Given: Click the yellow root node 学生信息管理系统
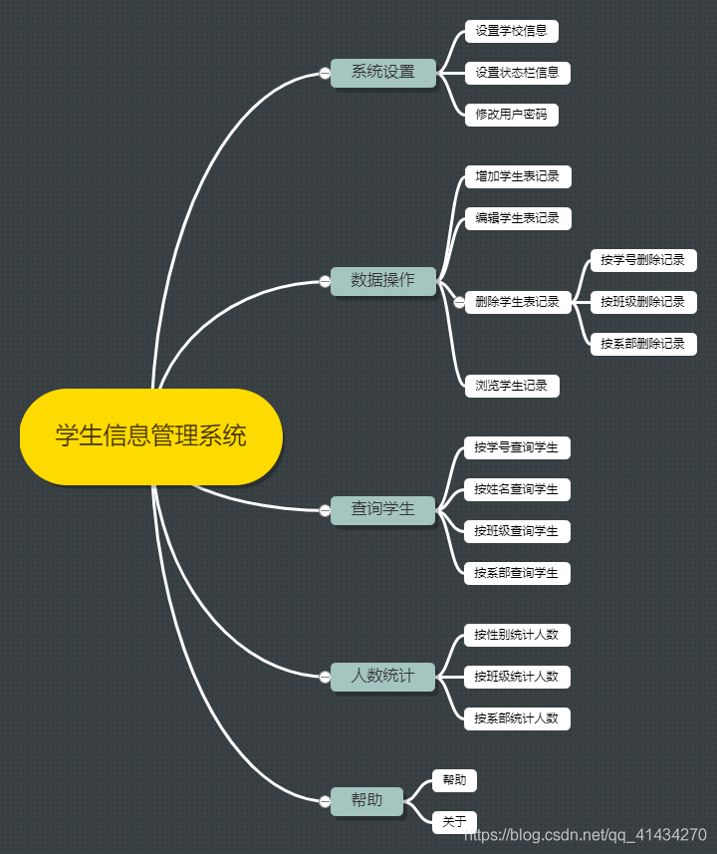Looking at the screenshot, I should [x=151, y=436].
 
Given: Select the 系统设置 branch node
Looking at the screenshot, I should [x=383, y=73].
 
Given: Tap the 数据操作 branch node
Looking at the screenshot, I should [x=383, y=281].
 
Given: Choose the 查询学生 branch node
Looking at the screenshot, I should [x=383, y=510].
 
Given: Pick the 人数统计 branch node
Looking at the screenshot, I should [x=383, y=677].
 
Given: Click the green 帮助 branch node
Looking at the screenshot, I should [x=366, y=801].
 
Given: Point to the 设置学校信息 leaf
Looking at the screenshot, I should [x=511, y=31].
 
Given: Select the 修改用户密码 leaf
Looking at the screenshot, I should [x=511, y=115].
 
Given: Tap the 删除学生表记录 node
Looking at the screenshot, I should [x=517, y=302].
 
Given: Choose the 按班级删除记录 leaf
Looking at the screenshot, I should [x=642, y=302].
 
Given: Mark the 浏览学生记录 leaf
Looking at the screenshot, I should [x=511, y=386].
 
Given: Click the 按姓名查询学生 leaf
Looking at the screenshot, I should [x=517, y=489].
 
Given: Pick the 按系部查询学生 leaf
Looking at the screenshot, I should [x=517, y=573].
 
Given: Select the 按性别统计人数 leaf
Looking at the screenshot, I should [x=517, y=635].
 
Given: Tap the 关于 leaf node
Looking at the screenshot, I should [x=454, y=822].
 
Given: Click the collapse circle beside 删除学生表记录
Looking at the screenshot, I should [x=459, y=302].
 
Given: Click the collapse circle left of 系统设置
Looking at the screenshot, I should [x=325, y=73].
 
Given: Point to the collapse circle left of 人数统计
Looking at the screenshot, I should [x=325, y=677].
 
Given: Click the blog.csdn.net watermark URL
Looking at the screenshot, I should [x=592, y=832].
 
